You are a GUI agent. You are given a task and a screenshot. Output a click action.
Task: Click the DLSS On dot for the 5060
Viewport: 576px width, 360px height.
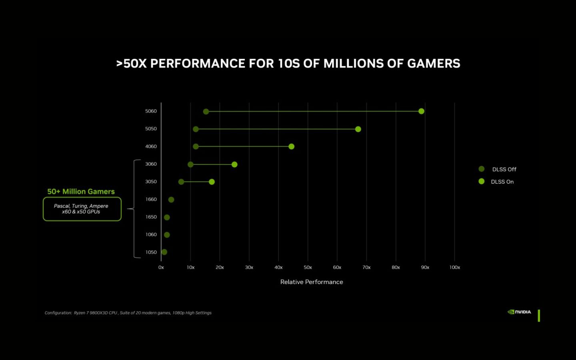tap(421, 111)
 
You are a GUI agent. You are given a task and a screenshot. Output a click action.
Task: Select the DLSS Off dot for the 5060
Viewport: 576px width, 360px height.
tap(206, 112)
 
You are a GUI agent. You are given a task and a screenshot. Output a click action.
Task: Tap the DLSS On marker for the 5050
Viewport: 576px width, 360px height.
tap(358, 129)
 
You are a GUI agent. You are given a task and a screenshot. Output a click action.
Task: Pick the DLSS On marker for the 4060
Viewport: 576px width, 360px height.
tap(291, 146)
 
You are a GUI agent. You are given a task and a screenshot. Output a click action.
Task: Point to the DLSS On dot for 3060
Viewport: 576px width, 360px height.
tap(234, 164)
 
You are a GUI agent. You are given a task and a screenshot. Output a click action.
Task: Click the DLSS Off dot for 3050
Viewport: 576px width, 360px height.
tap(181, 182)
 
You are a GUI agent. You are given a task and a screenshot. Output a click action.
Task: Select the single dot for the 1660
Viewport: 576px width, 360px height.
tap(171, 200)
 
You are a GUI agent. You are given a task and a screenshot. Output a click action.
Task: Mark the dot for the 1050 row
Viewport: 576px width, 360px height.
tap(164, 252)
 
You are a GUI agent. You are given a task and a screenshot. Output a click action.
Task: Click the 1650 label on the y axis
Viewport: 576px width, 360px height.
tap(151, 217)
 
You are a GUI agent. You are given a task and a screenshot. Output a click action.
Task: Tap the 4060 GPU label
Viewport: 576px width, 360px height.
tap(151, 146)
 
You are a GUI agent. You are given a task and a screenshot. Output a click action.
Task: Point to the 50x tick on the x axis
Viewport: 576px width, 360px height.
tap(308, 267)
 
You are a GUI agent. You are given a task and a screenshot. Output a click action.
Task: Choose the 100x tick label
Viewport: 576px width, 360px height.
tap(454, 267)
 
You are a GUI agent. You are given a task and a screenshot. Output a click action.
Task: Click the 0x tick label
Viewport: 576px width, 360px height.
tap(161, 267)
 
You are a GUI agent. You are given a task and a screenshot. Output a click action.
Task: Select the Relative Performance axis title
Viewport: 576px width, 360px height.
tap(312, 282)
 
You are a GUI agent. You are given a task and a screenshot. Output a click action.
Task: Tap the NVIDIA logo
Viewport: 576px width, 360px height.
tap(519, 312)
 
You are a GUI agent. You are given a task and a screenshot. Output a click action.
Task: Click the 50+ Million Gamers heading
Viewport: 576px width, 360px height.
tap(81, 192)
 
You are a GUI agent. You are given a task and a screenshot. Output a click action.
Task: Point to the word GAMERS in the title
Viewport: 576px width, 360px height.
tap(433, 64)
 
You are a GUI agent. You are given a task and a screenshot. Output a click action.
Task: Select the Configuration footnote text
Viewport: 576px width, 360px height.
tap(128, 313)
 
